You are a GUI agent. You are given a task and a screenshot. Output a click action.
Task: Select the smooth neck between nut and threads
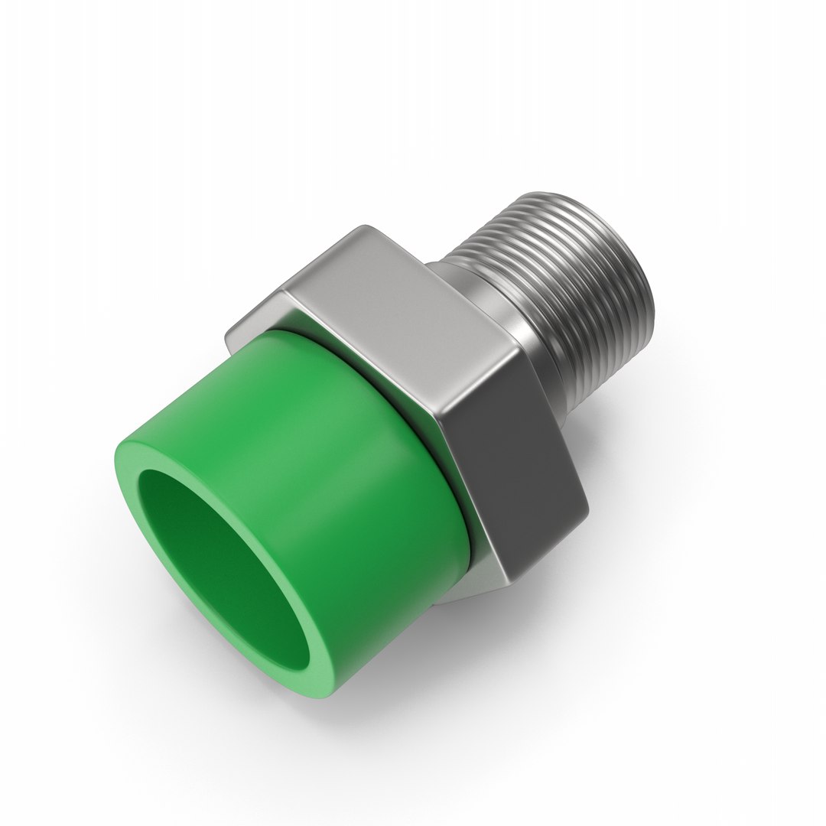click(489, 306)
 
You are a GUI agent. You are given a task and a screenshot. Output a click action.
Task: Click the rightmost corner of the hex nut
click(587, 509)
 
